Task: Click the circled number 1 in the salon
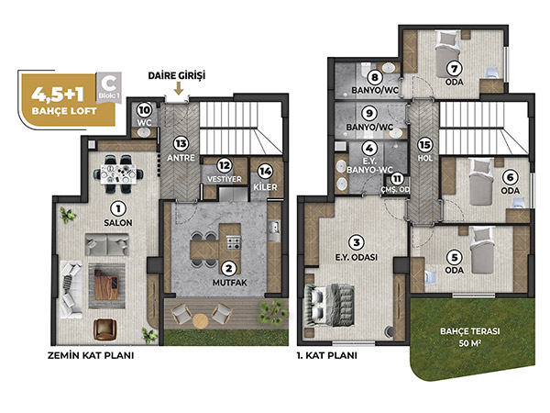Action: click(118, 209)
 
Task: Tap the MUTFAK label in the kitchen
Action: click(230, 283)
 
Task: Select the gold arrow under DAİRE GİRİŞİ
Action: click(179, 88)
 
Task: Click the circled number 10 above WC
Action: click(144, 110)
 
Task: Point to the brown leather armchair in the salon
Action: click(104, 329)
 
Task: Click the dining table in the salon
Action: click(118, 173)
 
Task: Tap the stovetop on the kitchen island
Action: click(234, 242)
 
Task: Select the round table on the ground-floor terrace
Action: click(200, 320)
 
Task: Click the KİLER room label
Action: click(265, 187)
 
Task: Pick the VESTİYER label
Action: click(225, 179)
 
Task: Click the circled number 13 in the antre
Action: click(181, 144)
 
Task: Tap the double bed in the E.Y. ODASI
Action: click(330, 305)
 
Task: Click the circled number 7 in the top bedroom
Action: click(455, 68)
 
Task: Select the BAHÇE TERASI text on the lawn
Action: click(470, 331)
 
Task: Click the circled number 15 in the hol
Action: click(424, 145)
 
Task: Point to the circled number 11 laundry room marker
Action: click(397, 179)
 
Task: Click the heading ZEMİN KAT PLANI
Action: click(91, 355)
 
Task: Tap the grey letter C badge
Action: click(109, 88)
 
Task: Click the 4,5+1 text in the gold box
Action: click(58, 94)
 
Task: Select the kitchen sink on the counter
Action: click(274, 231)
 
